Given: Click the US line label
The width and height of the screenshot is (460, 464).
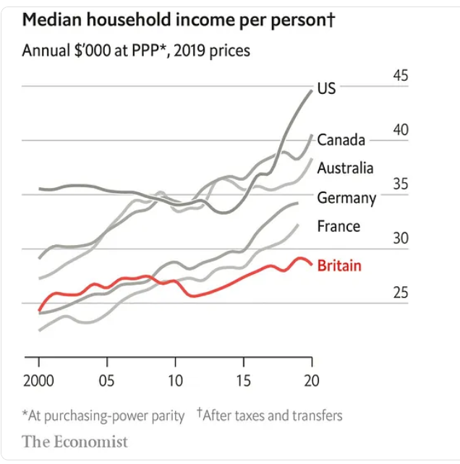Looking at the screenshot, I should pyautogui.click(x=326, y=89).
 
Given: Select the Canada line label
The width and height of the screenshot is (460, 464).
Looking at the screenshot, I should pyautogui.click(x=341, y=139).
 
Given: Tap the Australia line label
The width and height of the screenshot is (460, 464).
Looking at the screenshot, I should pyautogui.click(x=345, y=168).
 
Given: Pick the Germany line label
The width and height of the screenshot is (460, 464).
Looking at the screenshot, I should pyautogui.click(x=346, y=197).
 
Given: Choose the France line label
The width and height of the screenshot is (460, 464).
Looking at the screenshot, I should pyautogui.click(x=338, y=226).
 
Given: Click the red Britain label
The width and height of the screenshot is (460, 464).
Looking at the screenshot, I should pyautogui.click(x=338, y=265).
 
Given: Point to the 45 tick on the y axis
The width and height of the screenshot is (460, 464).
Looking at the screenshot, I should pyautogui.click(x=400, y=76).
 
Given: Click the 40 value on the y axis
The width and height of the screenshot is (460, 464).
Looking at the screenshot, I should pyautogui.click(x=400, y=130).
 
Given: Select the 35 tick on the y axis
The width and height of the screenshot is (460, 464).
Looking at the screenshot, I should pyautogui.click(x=400, y=184).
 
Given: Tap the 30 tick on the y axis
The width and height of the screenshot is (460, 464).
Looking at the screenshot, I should pyautogui.click(x=400, y=239).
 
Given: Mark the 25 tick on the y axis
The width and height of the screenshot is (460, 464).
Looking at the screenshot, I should pyautogui.click(x=400, y=293).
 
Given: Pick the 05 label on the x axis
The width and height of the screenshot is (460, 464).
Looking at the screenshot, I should pyautogui.click(x=106, y=381).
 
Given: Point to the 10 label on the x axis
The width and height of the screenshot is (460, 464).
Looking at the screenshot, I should pyautogui.click(x=175, y=381).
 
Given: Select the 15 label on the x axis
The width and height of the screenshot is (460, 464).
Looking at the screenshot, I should pyautogui.click(x=243, y=381).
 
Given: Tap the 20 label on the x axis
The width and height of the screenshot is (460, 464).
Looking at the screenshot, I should pyautogui.click(x=311, y=381).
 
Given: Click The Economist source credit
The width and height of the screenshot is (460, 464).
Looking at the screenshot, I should pyautogui.click(x=74, y=441).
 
